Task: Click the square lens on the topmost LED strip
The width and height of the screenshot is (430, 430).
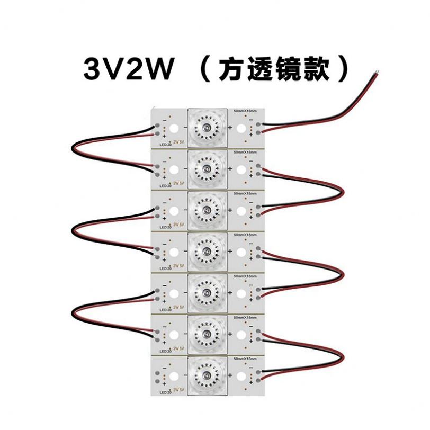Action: click(x=207, y=128)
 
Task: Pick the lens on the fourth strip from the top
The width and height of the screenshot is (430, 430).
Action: click(x=207, y=250)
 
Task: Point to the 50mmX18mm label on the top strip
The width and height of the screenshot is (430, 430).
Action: click(x=245, y=111)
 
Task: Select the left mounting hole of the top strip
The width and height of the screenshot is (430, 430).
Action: click(x=174, y=129)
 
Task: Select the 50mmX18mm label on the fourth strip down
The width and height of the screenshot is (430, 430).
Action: click(x=245, y=234)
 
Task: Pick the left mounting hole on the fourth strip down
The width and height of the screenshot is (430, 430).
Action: click(x=174, y=252)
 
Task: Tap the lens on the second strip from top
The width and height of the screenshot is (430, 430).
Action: click(x=207, y=169)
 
